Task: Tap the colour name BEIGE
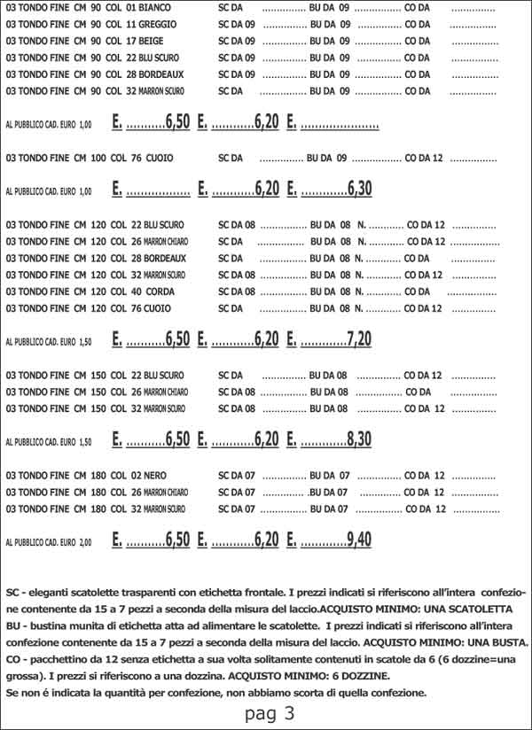coord(151,41)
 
